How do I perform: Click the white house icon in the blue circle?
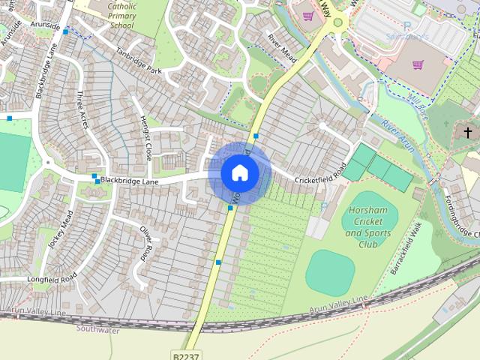point(239,173)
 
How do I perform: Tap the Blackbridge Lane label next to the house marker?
point(129,181)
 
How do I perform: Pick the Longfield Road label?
point(52,278)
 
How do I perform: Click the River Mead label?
point(283,49)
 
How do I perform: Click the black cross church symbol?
point(468,133)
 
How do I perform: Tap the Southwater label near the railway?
point(97,328)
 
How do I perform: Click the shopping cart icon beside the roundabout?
point(307,15)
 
